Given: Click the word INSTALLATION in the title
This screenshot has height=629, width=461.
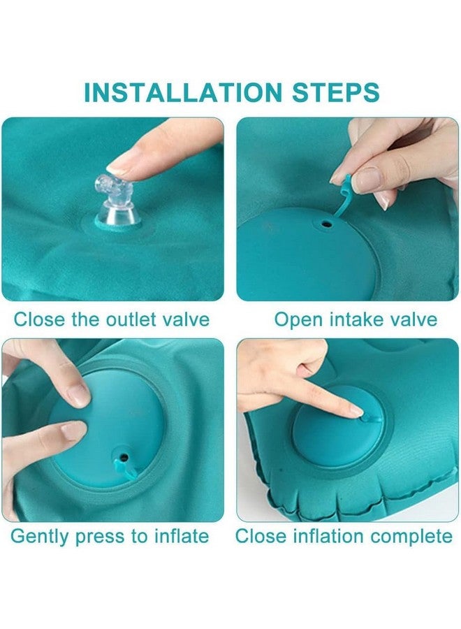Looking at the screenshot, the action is [183, 92].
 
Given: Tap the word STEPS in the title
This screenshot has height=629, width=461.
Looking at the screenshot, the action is [335, 92].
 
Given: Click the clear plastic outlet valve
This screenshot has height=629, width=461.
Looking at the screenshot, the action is [116, 202].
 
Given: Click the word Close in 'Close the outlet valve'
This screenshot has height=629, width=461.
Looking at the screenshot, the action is [39, 319].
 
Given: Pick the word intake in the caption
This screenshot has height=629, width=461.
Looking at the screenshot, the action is [356, 320].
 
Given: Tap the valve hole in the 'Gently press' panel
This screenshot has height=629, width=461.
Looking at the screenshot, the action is [124, 457].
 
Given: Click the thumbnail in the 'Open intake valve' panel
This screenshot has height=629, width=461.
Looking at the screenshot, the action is [365, 180].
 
